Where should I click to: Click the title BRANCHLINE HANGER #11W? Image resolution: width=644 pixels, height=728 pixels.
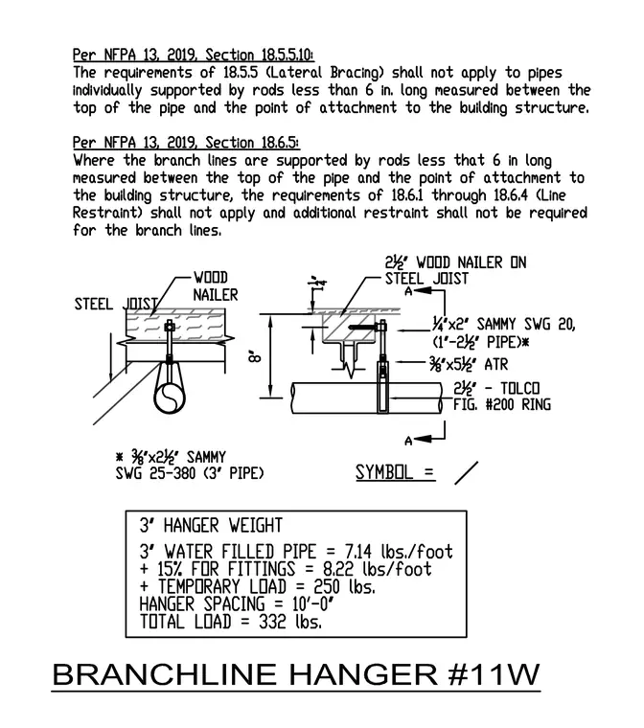click(296, 674)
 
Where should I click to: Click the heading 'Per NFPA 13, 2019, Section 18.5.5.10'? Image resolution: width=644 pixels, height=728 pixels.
click(194, 55)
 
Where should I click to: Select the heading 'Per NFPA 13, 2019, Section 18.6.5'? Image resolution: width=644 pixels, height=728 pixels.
click(186, 142)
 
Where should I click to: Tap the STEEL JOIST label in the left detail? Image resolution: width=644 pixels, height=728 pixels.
click(116, 304)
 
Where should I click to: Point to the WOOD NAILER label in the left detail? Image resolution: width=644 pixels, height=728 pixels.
click(215, 286)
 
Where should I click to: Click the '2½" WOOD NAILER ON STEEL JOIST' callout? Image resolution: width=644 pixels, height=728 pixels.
click(455, 270)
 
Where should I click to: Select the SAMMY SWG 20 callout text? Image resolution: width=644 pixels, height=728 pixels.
click(504, 333)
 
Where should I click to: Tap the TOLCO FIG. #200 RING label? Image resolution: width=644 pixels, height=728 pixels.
click(502, 396)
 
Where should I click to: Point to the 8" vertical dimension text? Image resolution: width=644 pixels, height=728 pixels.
click(255, 356)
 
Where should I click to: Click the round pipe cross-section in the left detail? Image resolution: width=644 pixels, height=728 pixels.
click(170, 398)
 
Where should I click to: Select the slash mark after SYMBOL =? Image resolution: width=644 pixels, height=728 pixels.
click(466, 473)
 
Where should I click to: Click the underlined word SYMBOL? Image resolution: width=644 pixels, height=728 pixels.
click(384, 472)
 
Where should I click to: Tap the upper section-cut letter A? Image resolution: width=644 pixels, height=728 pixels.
click(408, 291)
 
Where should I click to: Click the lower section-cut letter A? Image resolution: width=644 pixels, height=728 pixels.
click(408, 441)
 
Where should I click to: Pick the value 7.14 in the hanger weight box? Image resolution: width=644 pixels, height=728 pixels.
click(357, 552)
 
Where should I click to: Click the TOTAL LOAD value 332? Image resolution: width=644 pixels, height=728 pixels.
click(272, 622)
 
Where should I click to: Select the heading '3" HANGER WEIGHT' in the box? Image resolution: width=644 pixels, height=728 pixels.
click(211, 526)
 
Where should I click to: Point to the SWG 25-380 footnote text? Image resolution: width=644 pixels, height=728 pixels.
click(190, 473)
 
